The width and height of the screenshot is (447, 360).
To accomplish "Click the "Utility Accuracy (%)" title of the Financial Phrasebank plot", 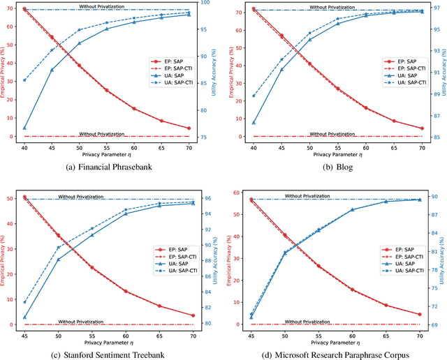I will point(219,73).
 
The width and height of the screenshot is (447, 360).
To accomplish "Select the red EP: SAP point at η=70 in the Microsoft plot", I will point(420,315).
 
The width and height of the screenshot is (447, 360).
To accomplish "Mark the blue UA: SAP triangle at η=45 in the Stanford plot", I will point(24,317).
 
